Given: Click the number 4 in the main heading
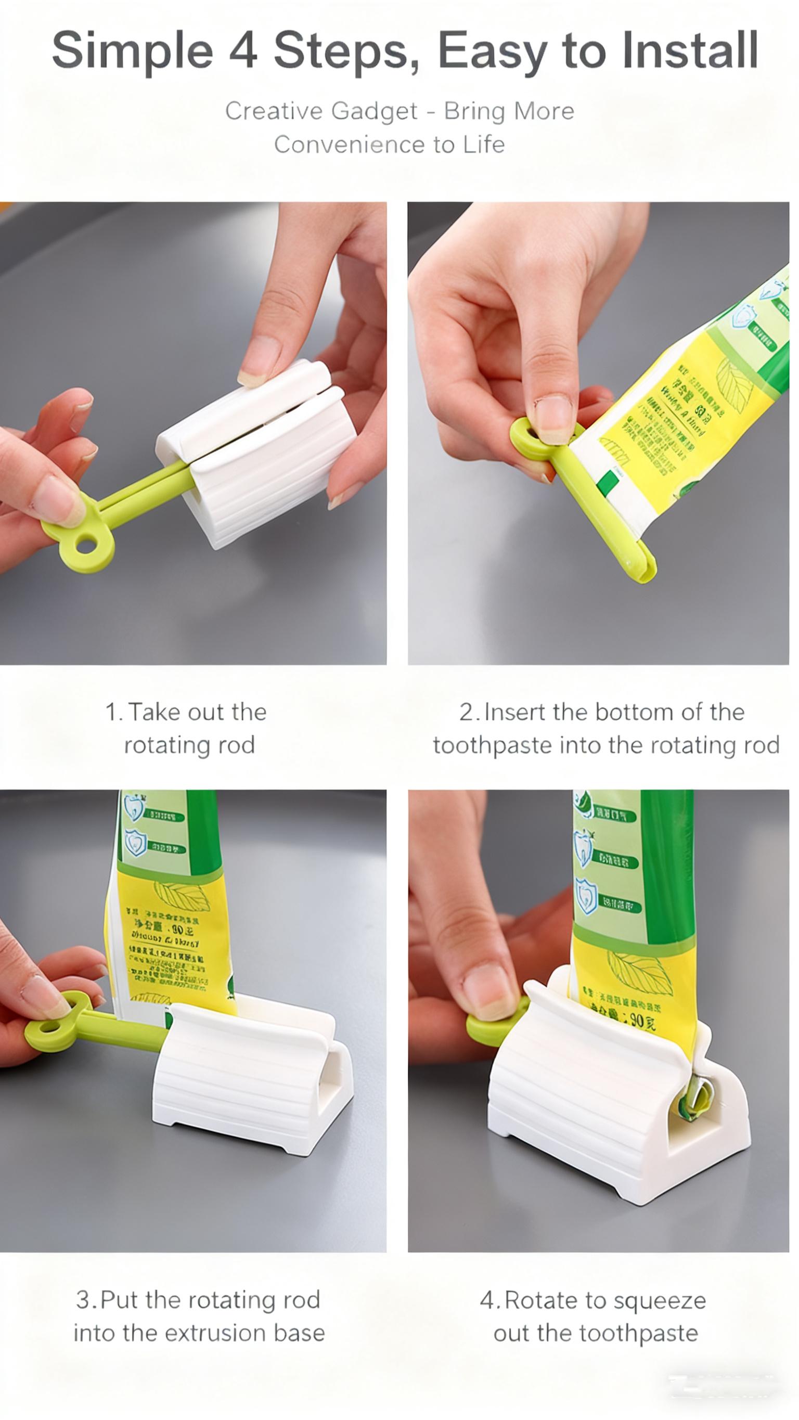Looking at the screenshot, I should tap(243, 49).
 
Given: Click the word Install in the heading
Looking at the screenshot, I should tap(690, 49).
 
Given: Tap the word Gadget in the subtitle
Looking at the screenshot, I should tap(375, 112).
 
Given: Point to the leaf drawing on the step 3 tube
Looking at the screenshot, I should tap(182, 896).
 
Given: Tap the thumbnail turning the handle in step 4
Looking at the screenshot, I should tap(488, 989).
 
